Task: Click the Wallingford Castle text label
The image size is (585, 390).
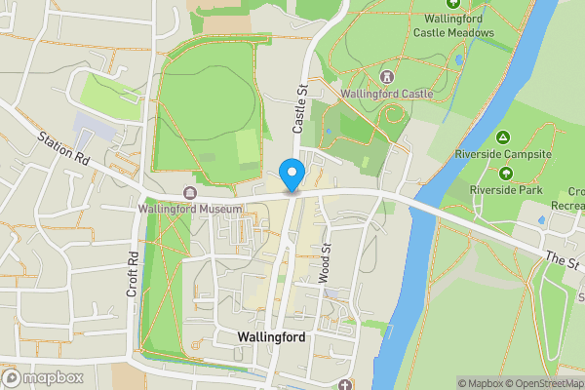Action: click(387, 94)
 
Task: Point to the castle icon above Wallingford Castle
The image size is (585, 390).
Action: click(387, 76)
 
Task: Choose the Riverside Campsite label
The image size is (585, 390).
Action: click(503, 154)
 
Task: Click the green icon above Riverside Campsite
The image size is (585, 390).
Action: click(503, 137)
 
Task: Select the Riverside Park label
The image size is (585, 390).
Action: click(506, 189)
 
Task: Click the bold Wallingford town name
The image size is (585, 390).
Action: click(271, 337)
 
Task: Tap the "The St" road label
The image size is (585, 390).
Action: click(562, 260)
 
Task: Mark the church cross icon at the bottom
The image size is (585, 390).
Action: click(345, 384)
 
